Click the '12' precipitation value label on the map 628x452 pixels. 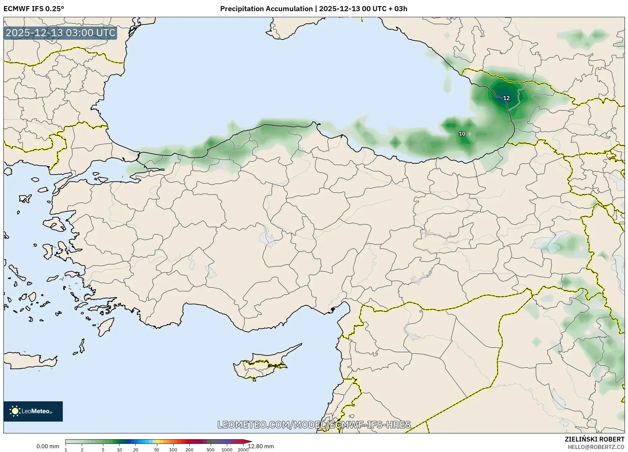(x=506, y=98)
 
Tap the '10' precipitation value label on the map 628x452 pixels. (x=462, y=134)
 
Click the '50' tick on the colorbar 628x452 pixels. (x=157, y=450)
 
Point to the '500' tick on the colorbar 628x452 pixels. (x=210, y=450)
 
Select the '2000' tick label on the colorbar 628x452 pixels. (x=243, y=450)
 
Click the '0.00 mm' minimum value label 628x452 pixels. (x=48, y=446)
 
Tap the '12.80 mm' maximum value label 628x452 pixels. (x=261, y=446)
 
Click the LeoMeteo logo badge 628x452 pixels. (x=33, y=411)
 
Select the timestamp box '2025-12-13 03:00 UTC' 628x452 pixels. (x=60, y=33)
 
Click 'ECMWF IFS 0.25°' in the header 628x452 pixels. (x=34, y=9)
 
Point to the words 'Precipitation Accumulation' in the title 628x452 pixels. (x=266, y=9)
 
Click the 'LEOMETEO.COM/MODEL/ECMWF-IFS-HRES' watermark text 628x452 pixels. (x=314, y=425)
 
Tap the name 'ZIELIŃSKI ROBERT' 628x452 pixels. (x=594, y=439)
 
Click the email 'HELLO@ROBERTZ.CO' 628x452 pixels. (x=596, y=447)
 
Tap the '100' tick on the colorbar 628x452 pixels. (x=173, y=450)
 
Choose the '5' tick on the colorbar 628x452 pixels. (x=103, y=450)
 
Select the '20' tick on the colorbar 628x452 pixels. (x=136, y=450)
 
